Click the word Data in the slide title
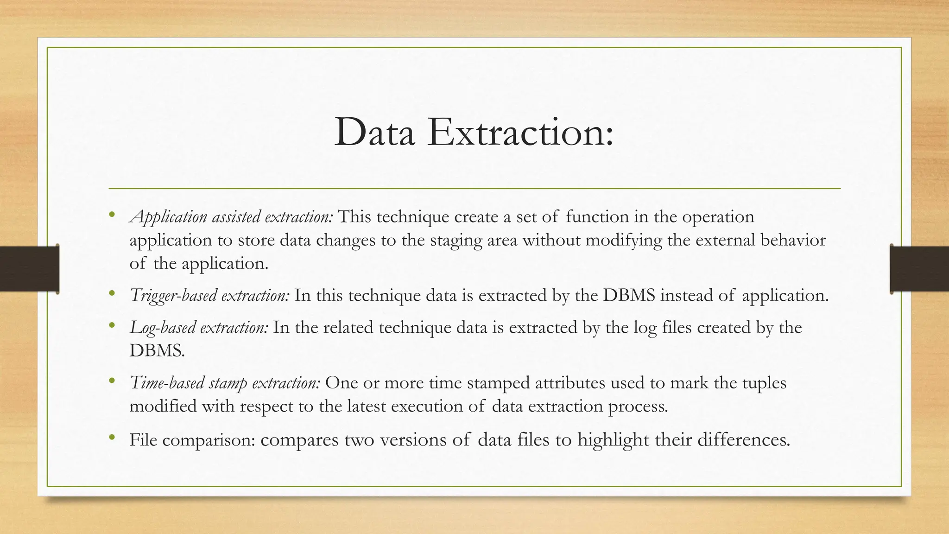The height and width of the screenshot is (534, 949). pos(374,133)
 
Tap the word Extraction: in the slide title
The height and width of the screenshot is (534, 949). pos(520,133)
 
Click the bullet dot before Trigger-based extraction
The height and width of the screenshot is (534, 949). pos(112,293)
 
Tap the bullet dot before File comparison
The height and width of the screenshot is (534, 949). pos(112,437)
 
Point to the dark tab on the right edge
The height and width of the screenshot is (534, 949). pos(919,269)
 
